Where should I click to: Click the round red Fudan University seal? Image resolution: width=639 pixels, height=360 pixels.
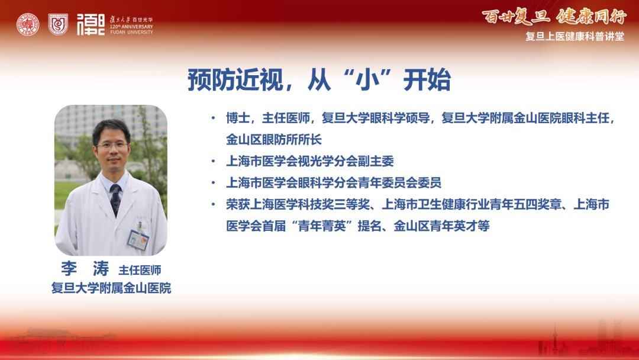28,24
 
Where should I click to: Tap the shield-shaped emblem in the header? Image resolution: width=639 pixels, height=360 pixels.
58,24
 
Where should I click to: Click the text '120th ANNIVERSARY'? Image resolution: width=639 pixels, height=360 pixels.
131,27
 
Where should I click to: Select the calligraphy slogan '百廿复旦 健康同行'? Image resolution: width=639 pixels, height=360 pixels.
554,17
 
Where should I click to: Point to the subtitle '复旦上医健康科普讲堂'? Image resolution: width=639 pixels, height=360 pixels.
575,36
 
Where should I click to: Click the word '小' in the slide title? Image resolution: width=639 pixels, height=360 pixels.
364,80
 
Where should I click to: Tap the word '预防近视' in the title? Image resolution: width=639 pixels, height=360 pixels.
235,80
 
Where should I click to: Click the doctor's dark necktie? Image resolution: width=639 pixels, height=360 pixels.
115,200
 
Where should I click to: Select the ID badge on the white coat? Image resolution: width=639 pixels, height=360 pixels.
138,240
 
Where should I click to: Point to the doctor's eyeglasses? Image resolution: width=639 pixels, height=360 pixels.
111,145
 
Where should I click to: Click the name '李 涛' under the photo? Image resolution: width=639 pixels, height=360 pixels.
85,269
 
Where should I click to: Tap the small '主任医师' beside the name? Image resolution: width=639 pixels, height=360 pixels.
140,270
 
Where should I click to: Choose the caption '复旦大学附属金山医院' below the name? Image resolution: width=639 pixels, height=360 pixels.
111,288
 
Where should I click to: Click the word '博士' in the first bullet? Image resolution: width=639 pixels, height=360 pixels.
238,118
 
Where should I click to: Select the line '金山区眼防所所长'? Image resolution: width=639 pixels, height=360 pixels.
274,139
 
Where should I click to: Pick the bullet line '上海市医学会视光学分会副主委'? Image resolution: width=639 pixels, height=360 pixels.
310,161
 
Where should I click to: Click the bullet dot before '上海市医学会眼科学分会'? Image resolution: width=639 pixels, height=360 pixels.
213,182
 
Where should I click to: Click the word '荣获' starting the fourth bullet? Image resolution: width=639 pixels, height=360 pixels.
238,204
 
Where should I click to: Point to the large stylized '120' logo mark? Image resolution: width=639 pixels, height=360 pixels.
91,24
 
